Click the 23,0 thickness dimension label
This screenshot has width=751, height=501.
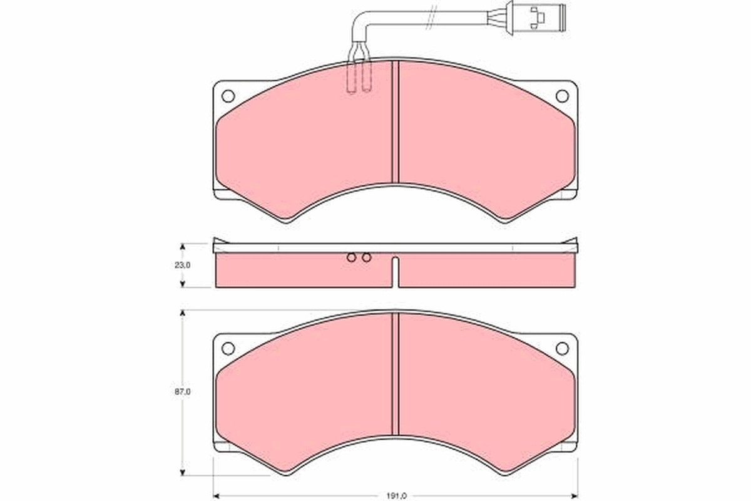(183, 265)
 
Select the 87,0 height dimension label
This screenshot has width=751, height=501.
(183, 391)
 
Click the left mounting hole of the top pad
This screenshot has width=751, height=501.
(228, 96)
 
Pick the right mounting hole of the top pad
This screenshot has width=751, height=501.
(562, 96)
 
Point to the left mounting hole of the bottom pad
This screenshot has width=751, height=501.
(228, 348)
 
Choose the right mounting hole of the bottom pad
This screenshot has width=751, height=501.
(562, 348)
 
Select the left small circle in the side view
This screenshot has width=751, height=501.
(352, 257)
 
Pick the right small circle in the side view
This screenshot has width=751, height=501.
(367, 257)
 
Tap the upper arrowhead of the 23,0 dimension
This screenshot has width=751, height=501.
(183, 247)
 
